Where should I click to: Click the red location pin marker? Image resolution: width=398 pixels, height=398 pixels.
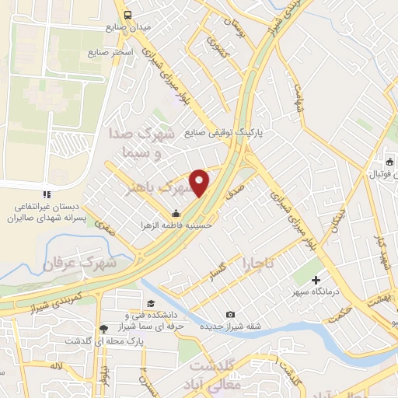[200, 182]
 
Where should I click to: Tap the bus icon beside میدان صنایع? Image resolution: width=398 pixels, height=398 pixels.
[128, 14]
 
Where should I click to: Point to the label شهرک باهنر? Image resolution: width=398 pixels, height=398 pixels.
[162, 187]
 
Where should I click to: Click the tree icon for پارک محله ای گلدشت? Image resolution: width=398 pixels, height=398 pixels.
[103, 329]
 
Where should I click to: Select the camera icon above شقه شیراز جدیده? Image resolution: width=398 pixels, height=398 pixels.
[230, 314]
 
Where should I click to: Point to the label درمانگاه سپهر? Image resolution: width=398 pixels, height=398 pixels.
[316, 294]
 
